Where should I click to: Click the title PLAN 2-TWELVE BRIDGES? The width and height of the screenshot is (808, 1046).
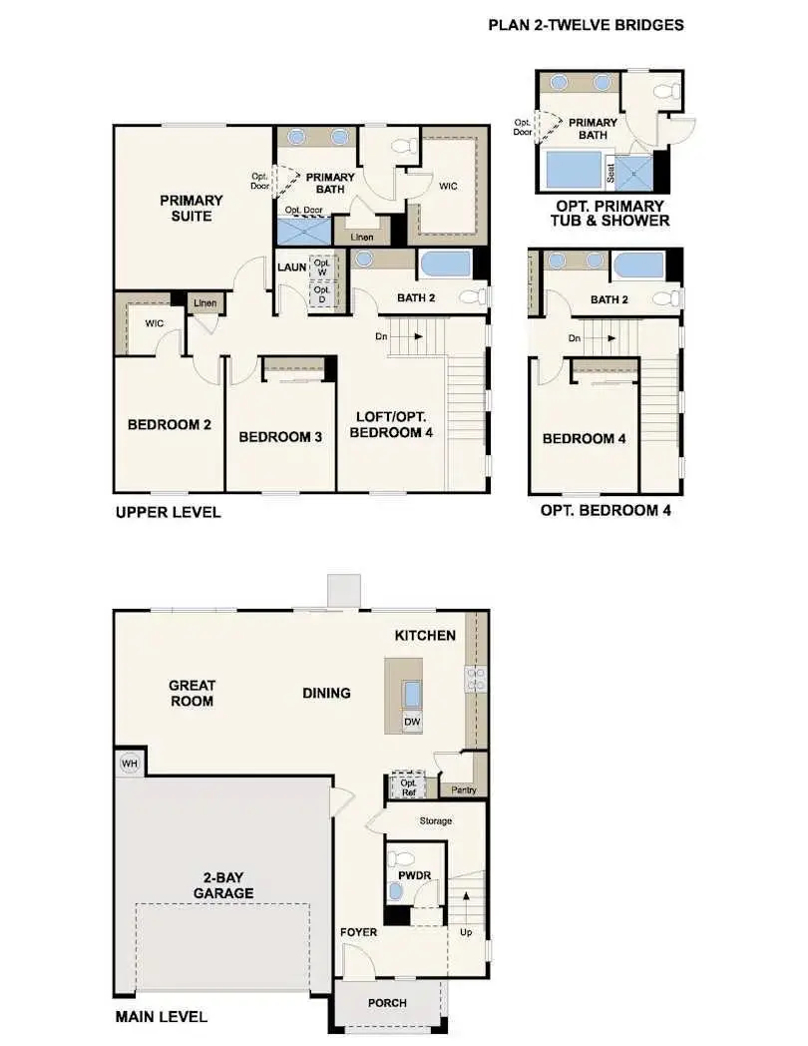[586, 25]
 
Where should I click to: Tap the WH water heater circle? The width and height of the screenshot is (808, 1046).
[129, 764]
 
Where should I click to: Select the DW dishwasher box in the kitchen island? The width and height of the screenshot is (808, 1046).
[412, 722]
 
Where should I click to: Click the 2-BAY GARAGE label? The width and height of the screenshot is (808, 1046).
[222, 884]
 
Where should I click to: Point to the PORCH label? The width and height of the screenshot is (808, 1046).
[387, 1002]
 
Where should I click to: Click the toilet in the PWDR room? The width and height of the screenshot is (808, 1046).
[402, 857]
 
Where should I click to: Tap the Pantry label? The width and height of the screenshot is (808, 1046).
[463, 790]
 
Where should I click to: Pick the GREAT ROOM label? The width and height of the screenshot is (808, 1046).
[192, 693]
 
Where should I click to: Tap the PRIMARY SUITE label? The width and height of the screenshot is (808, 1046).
[192, 207]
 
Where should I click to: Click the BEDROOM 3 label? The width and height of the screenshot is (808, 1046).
[279, 436]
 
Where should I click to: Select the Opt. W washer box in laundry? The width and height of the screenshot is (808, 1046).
[321, 268]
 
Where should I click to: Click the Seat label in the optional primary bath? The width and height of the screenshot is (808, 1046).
[610, 173]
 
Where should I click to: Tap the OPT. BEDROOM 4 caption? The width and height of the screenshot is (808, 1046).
[606, 510]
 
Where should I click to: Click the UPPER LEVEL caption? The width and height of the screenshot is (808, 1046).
[168, 512]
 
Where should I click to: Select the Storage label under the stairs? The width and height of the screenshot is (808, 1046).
[435, 820]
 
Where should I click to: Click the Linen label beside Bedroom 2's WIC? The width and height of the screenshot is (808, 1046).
[204, 302]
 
